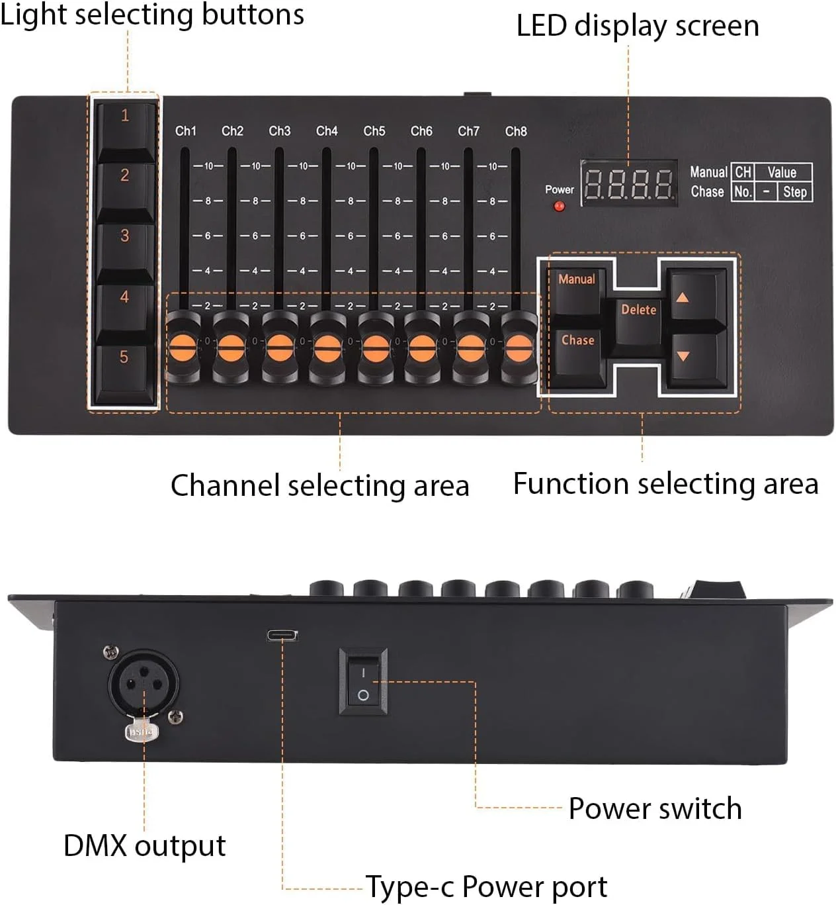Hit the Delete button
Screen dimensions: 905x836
(x=638, y=315)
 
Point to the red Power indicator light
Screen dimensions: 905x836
(x=560, y=207)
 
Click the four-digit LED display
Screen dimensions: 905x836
(x=628, y=183)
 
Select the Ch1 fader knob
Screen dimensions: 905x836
(x=184, y=346)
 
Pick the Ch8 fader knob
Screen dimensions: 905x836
(x=518, y=346)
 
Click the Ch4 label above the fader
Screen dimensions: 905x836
(x=327, y=131)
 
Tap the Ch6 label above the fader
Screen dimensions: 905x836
(x=421, y=131)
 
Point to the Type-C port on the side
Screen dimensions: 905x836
(x=282, y=636)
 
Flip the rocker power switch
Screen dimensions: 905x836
(x=363, y=684)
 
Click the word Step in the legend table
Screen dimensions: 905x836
(x=794, y=192)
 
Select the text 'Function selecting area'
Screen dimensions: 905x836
(x=665, y=484)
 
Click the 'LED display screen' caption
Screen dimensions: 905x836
(x=638, y=26)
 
